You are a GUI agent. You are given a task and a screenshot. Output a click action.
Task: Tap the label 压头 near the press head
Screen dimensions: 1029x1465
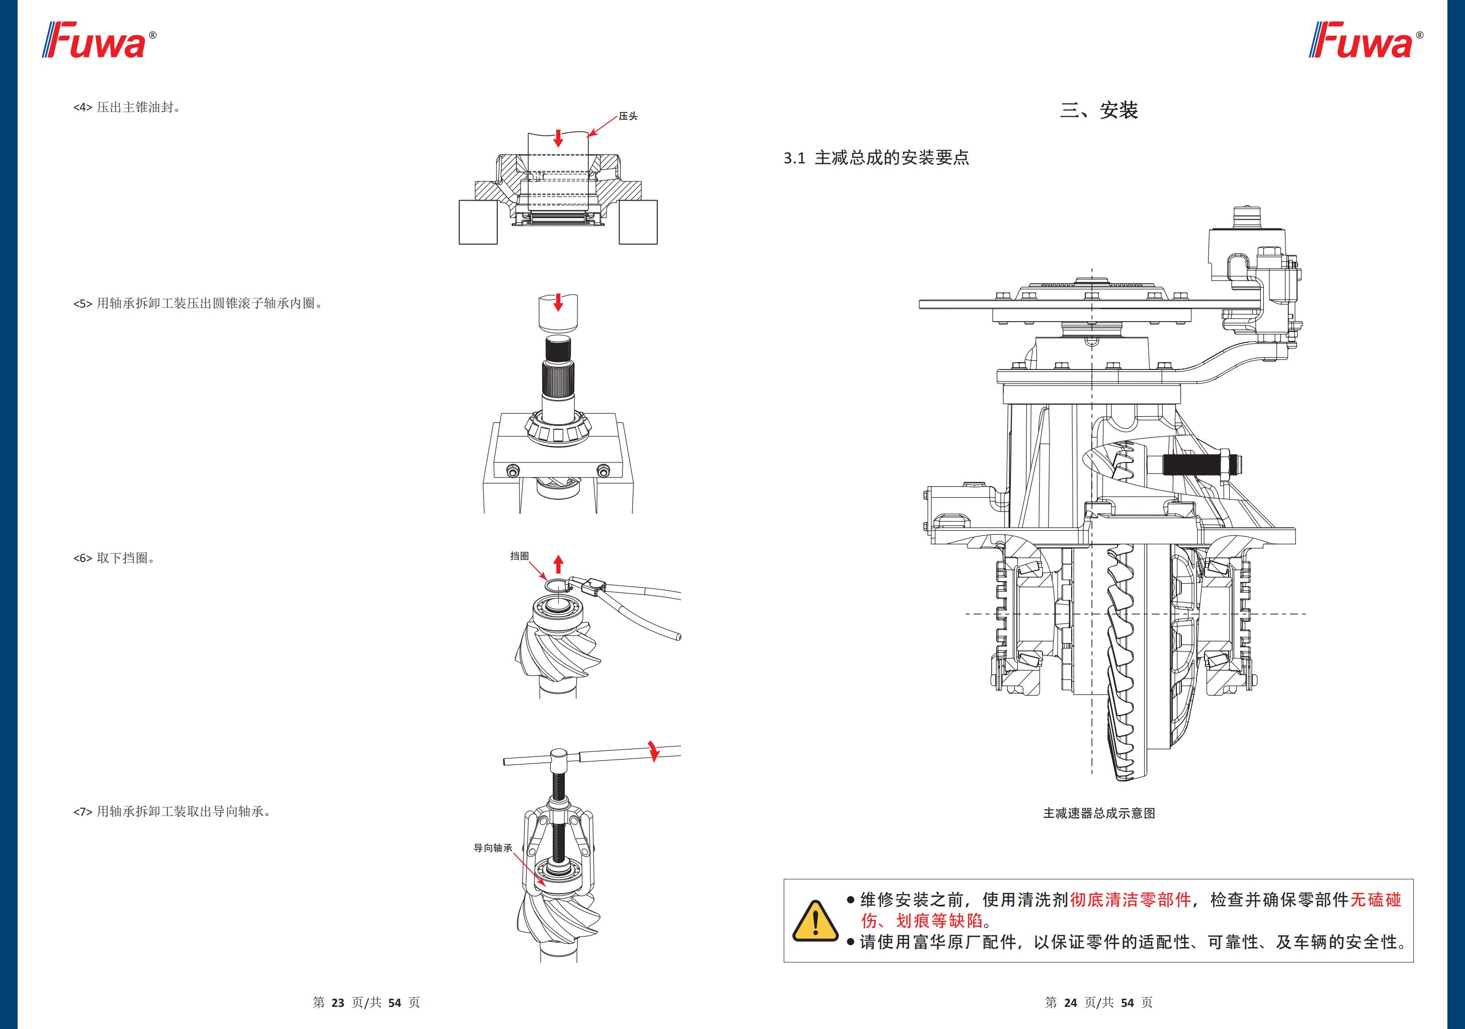pos(628,116)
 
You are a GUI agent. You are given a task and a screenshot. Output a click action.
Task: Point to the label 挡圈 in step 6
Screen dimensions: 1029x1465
pos(520,555)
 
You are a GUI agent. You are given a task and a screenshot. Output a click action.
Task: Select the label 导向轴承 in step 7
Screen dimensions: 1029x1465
pos(492,848)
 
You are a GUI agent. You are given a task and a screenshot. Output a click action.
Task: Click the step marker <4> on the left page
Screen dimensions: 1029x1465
pos(83,108)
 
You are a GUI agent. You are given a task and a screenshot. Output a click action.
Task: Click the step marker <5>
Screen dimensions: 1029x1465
pos(83,304)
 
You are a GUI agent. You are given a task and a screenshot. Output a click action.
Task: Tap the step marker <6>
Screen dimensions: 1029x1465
pos(83,558)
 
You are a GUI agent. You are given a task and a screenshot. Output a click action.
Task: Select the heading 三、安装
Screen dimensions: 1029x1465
pos(1099,111)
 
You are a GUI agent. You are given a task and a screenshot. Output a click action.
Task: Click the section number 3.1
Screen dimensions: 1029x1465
pos(795,158)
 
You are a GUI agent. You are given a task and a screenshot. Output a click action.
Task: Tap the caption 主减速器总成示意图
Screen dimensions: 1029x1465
pos(1099,813)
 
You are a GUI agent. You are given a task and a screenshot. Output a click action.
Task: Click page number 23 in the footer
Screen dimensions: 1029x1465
pos(337,1003)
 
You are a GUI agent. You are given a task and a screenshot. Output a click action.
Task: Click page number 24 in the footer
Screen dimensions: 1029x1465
pos(1070,1003)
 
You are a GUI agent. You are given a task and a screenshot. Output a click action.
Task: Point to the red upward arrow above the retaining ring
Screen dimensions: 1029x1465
pos(558,564)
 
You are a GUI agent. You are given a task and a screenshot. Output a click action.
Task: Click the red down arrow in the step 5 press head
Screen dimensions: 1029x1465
pos(558,302)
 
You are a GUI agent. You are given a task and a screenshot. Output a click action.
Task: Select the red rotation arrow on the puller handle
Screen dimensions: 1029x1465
pos(653,751)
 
